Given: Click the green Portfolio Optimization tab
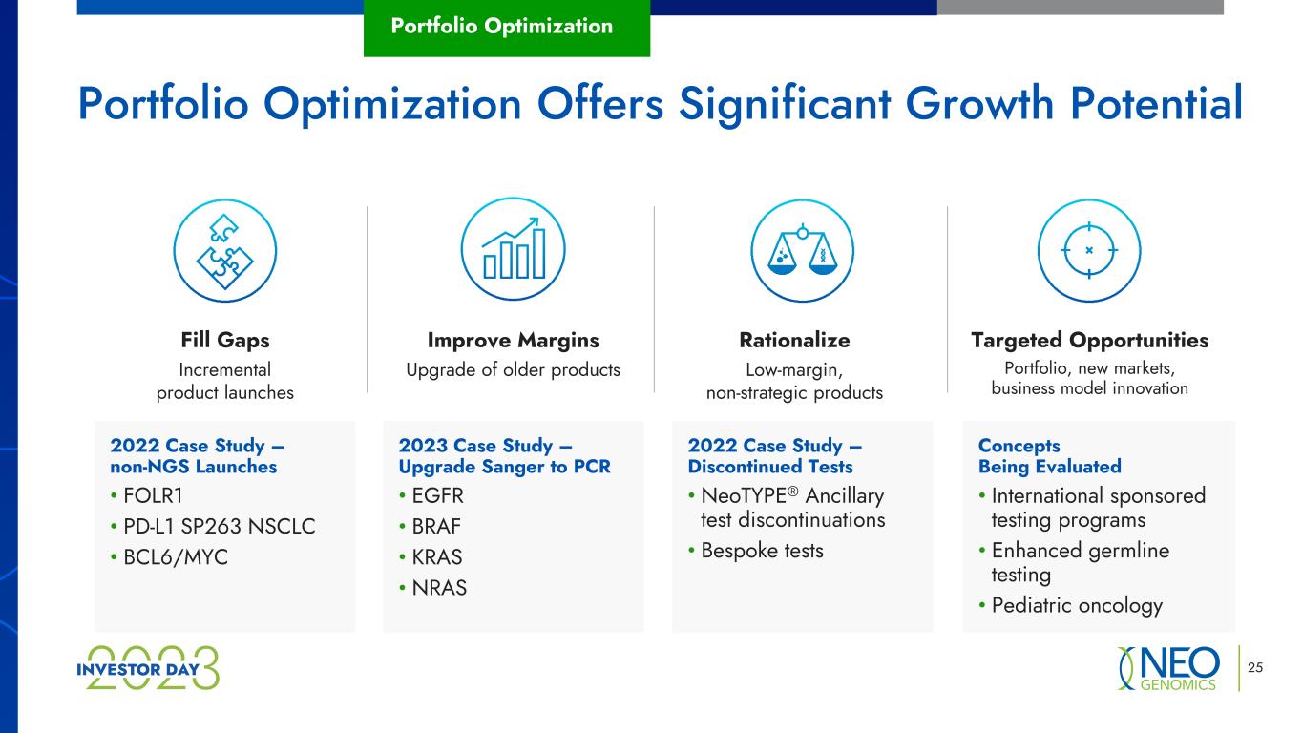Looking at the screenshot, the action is point(507,28).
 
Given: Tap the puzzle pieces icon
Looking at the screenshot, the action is point(224,251).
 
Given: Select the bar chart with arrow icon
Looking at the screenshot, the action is point(513,249).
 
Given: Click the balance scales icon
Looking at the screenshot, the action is point(802,251).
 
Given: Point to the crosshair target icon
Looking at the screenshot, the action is point(1089,251).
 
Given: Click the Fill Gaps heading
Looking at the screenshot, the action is point(225,341).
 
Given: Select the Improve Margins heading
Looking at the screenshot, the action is point(513,341).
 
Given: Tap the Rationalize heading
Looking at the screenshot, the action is point(794,341).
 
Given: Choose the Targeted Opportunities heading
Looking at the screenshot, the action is point(1089,341).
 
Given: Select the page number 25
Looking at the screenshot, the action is point(1255,667).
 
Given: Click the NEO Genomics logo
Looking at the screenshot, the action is point(1169,668).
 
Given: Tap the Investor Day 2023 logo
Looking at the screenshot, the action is point(148,668).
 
